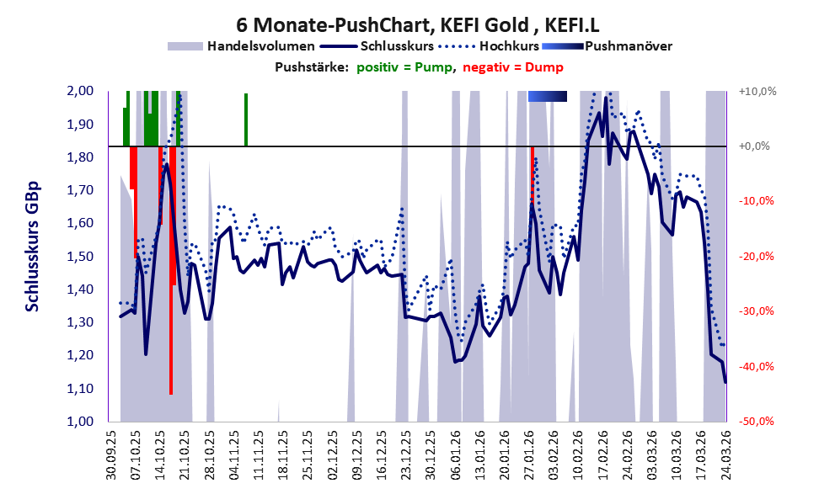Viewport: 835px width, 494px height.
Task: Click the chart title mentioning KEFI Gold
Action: (x=417, y=25)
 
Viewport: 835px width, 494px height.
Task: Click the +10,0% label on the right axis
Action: (x=757, y=91)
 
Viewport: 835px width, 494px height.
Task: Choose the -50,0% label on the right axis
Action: (x=757, y=422)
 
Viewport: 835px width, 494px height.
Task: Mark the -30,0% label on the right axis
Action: (x=757, y=311)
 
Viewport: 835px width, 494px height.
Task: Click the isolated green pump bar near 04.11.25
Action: (x=246, y=120)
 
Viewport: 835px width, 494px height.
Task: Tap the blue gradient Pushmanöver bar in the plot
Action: (x=547, y=97)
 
